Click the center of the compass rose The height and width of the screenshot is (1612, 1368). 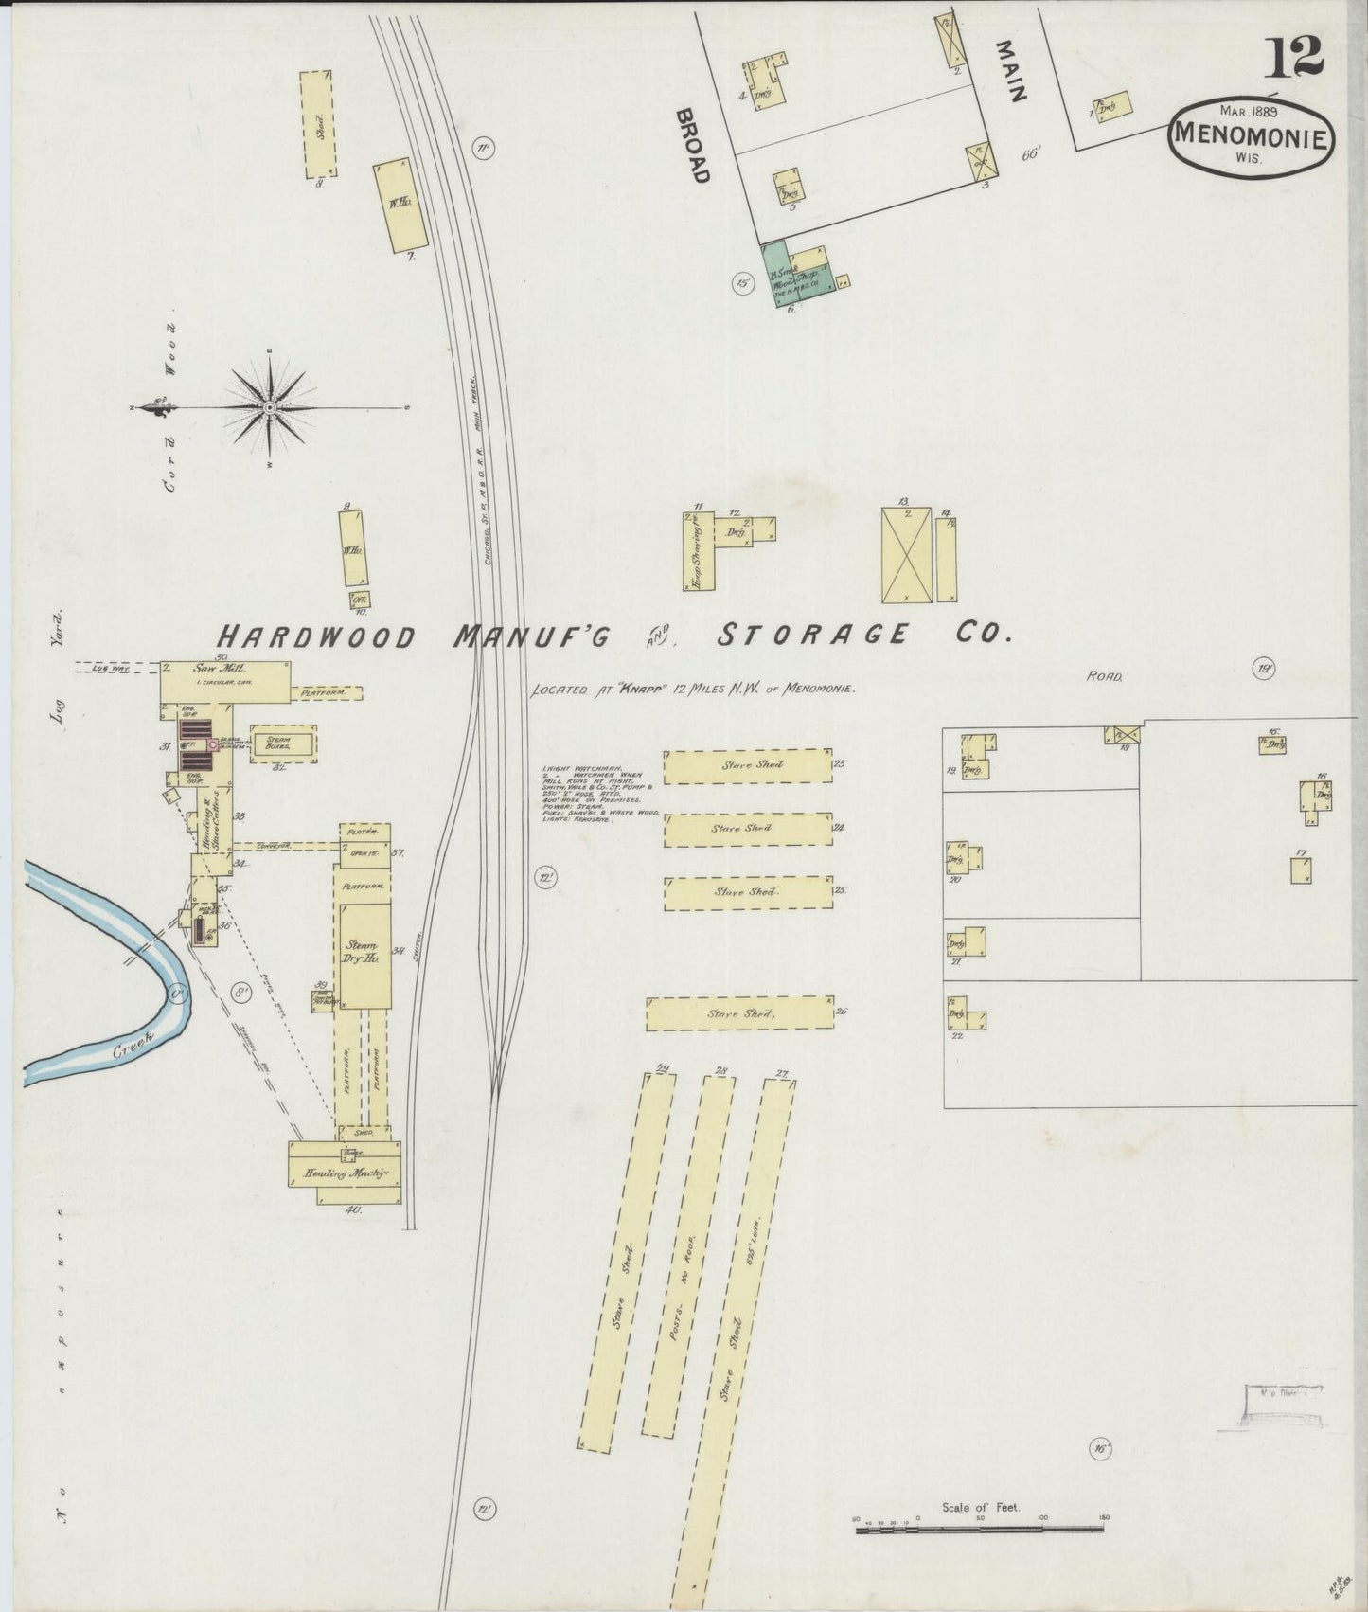[x=270, y=407]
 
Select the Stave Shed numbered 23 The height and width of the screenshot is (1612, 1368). [x=747, y=766]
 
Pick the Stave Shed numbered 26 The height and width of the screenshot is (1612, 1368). [x=739, y=1013]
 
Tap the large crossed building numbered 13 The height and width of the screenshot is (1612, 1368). [x=906, y=555]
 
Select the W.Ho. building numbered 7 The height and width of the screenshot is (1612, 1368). [x=399, y=204]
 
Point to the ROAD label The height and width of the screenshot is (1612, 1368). [x=1104, y=677]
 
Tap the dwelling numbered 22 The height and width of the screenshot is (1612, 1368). [x=965, y=1017]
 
